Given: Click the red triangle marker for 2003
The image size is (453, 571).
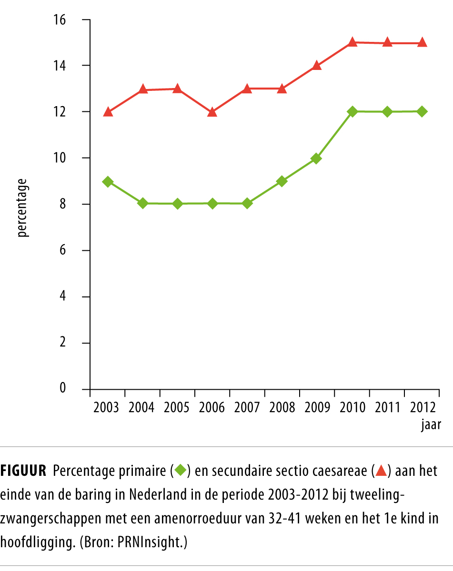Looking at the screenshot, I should (108, 112).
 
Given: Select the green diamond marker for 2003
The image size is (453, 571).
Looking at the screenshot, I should (108, 182).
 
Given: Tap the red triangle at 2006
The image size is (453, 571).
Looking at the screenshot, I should (212, 112).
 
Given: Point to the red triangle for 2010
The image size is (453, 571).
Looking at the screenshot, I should (352, 42).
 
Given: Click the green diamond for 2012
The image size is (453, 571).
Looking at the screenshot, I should (422, 111).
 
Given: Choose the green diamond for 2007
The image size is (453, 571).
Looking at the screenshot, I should (247, 204).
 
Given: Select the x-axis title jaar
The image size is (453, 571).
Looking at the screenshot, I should (431, 425).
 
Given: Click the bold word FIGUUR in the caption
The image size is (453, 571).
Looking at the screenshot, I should (23, 472).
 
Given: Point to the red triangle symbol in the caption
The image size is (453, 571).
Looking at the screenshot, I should (381, 471).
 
